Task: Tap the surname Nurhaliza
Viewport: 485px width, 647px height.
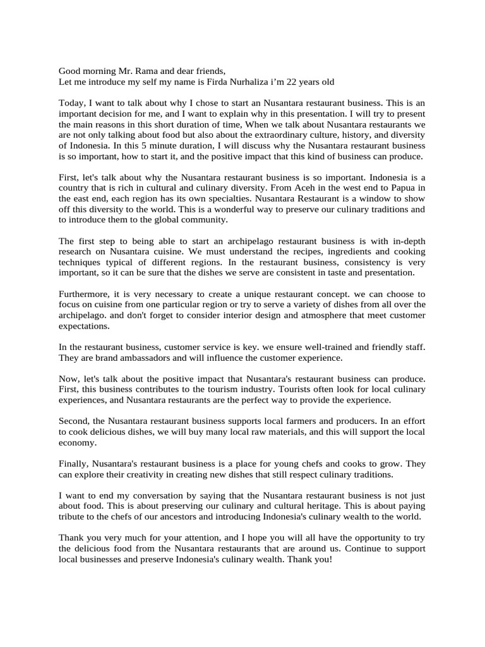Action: (x=268, y=82)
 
